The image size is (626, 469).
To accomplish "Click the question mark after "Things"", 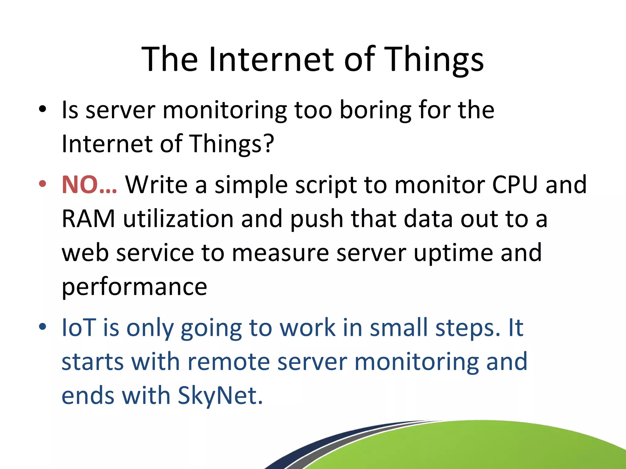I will pos(268,144).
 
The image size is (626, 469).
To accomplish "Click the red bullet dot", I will pos(42,184).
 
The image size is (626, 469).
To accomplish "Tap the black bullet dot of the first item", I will pos(42,109).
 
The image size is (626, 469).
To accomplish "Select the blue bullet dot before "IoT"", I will pos(42,327).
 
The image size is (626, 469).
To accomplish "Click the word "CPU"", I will pos(515,185).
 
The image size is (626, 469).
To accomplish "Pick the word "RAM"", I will pos(88,219).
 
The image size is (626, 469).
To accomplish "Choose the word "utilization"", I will pos(178,219).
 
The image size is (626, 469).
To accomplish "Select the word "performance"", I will pos(134,287).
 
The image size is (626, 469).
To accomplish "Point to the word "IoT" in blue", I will pos(79,328).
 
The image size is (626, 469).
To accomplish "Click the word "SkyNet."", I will pos(220,396).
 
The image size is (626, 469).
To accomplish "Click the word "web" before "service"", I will pos(85,253).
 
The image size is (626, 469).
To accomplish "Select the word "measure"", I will pos(280,253).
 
